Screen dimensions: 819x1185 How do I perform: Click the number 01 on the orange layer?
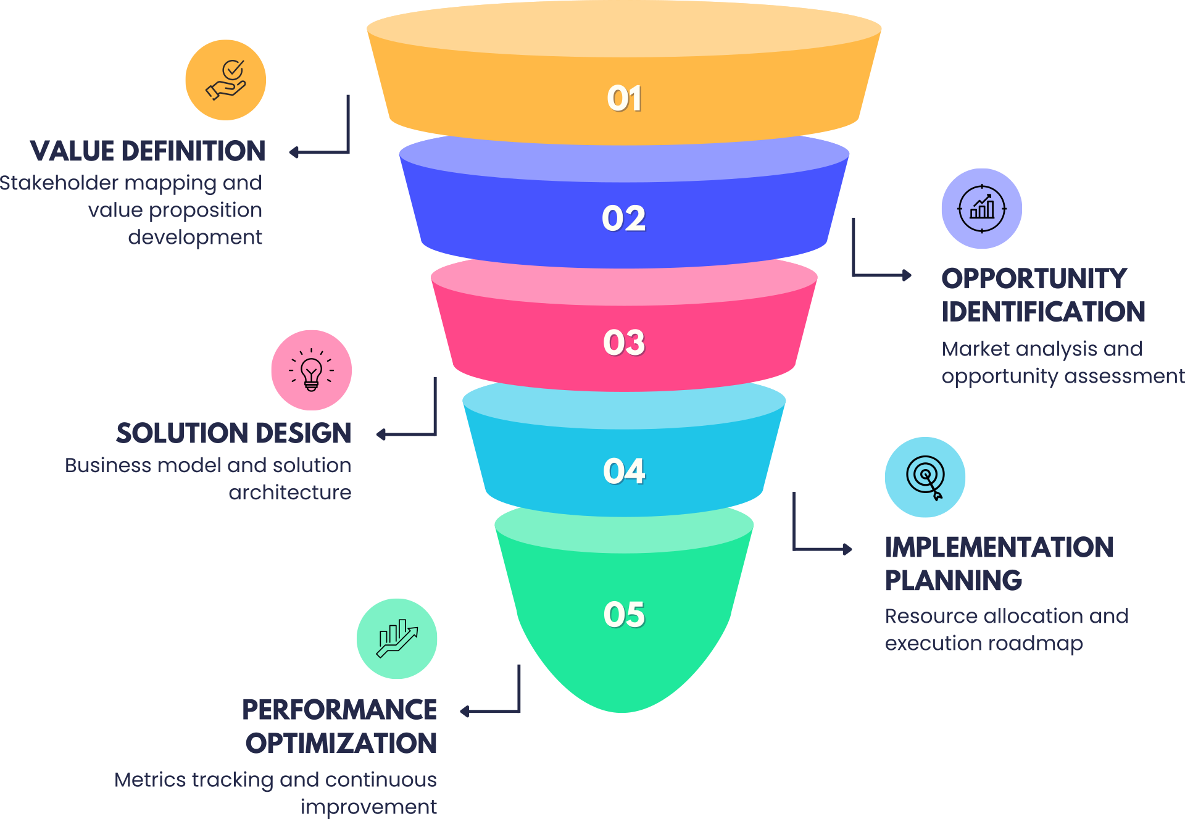click(624, 99)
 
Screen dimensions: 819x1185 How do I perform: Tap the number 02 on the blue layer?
click(624, 218)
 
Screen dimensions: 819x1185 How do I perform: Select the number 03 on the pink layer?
click(624, 343)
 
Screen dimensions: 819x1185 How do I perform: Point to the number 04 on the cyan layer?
click(624, 472)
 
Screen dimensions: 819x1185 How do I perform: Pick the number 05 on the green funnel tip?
click(624, 615)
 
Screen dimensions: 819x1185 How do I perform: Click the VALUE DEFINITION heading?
click(148, 151)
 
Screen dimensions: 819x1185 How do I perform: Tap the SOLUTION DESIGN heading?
click(233, 433)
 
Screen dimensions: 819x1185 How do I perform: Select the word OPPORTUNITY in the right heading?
click(1034, 278)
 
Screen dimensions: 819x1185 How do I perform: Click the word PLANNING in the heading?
click(954, 581)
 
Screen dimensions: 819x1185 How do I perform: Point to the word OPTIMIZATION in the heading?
click(341, 743)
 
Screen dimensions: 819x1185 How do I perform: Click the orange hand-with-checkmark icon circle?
click(226, 80)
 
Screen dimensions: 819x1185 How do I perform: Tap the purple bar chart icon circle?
click(981, 209)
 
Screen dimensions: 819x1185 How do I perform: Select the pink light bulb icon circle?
click(311, 370)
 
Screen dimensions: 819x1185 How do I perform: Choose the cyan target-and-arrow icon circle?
click(925, 477)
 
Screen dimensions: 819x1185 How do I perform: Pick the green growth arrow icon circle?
click(397, 639)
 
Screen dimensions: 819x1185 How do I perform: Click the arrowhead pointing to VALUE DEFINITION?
click(294, 152)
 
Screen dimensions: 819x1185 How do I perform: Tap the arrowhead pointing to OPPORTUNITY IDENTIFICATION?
click(907, 275)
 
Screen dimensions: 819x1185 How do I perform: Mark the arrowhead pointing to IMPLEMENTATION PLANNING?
click(848, 549)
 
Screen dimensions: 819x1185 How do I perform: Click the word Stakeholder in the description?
click(59, 183)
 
